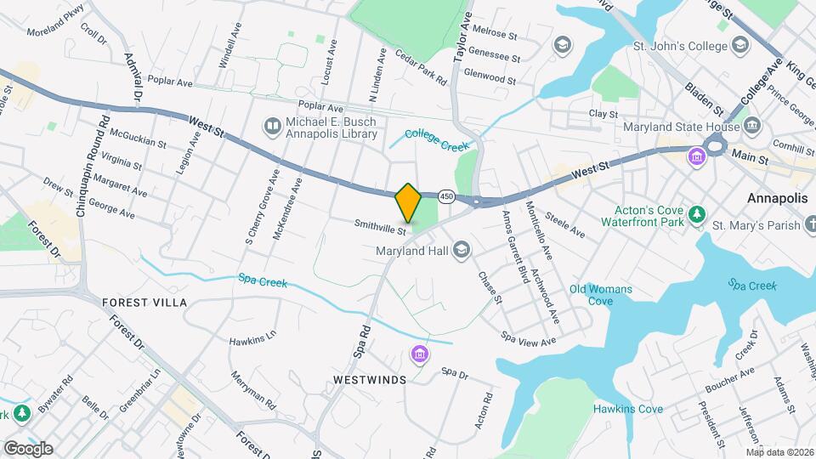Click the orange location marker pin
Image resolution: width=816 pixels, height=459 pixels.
click(x=408, y=203)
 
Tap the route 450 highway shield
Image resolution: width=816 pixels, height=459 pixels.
click(x=445, y=196)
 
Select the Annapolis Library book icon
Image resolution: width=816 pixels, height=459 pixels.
click(x=273, y=127)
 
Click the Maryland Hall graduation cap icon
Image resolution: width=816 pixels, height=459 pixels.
click(x=462, y=249)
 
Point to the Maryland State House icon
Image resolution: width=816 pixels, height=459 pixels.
click(x=751, y=127)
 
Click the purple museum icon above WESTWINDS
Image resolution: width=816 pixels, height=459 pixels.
click(x=418, y=354)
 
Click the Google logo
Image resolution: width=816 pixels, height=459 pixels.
click(x=28, y=449)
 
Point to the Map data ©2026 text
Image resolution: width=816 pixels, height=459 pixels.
click(x=779, y=452)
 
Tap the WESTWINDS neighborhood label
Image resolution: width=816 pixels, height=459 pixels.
click(x=369, y=379)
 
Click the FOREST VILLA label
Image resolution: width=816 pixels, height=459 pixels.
click(x=144, y=303)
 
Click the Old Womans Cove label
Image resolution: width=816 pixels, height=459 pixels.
click(x=601, y=295)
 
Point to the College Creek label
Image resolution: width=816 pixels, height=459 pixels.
click(x=437, y=140)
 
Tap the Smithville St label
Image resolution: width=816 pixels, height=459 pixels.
click(x=381, y=227)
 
